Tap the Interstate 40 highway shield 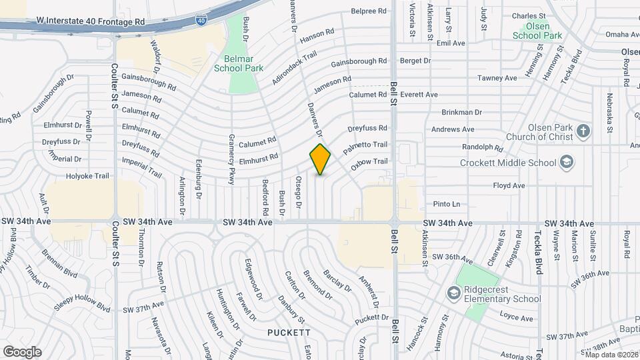tap(201, 21)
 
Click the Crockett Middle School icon tap(566, 163)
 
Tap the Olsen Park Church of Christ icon tap(584, 131)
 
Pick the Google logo tap(21, 351)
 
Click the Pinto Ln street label tap(447, 204)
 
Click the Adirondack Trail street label tap(294, 69)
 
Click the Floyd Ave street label tap(507, 186)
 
